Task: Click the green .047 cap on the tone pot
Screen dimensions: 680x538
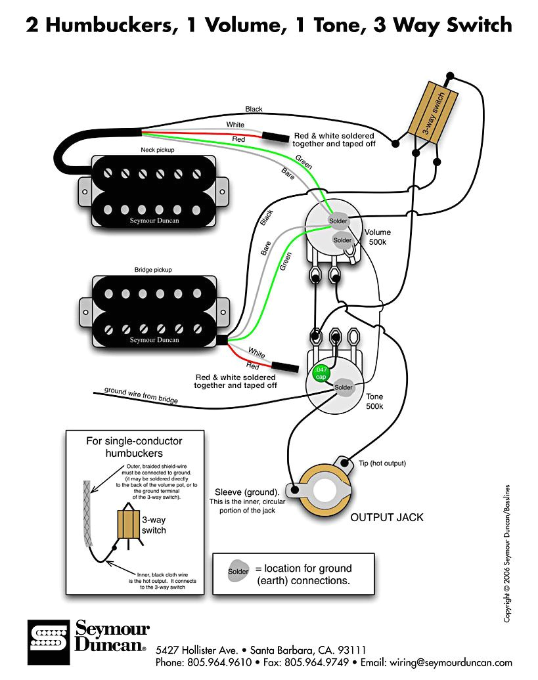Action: (x=321, y=373)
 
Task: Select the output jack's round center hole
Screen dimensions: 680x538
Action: (x=326, y=489)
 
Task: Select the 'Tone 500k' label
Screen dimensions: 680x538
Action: (x=374, y=402)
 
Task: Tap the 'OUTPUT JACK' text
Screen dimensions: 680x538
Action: (x=387, y=517)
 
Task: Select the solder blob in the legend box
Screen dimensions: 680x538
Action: (x=238, y=571)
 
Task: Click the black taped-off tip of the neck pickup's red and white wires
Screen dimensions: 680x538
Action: (x=276, y=137)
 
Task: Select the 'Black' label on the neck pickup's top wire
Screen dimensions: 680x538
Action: (x=254, y=109)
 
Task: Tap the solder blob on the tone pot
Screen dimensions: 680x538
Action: (x=343, y=387)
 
